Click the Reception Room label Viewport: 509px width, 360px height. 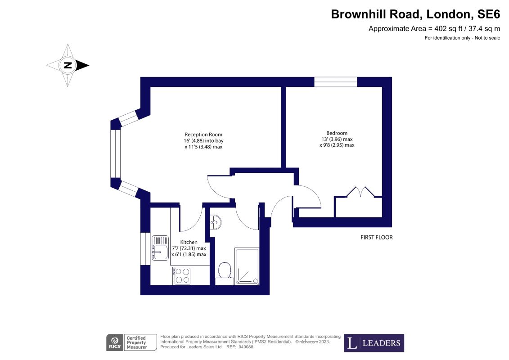coord(203,135)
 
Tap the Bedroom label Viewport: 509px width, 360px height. coord(337,133)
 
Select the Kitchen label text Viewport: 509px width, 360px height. coord(189,242)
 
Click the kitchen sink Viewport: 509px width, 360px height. coord(160,247)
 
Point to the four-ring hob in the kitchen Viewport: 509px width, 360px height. coord(182,275)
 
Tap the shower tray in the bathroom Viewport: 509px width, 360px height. coord(247,266)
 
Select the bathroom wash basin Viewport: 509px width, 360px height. coord(216,222)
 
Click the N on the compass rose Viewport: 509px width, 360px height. coord(68,65)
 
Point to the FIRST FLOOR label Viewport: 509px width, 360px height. coord(377,237)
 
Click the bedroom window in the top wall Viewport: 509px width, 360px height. coord(336,82)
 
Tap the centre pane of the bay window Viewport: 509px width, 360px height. coord(116,153)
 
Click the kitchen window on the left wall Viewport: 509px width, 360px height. coord(145,249)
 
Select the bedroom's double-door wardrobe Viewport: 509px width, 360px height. coord(358,202)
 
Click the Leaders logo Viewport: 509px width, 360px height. coord(374,343)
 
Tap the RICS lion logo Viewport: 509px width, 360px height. coord(115,342)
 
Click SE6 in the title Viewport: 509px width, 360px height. coord(489,14)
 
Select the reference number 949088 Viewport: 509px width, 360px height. coord(246,346)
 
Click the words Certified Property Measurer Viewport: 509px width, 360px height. coord(137,342)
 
